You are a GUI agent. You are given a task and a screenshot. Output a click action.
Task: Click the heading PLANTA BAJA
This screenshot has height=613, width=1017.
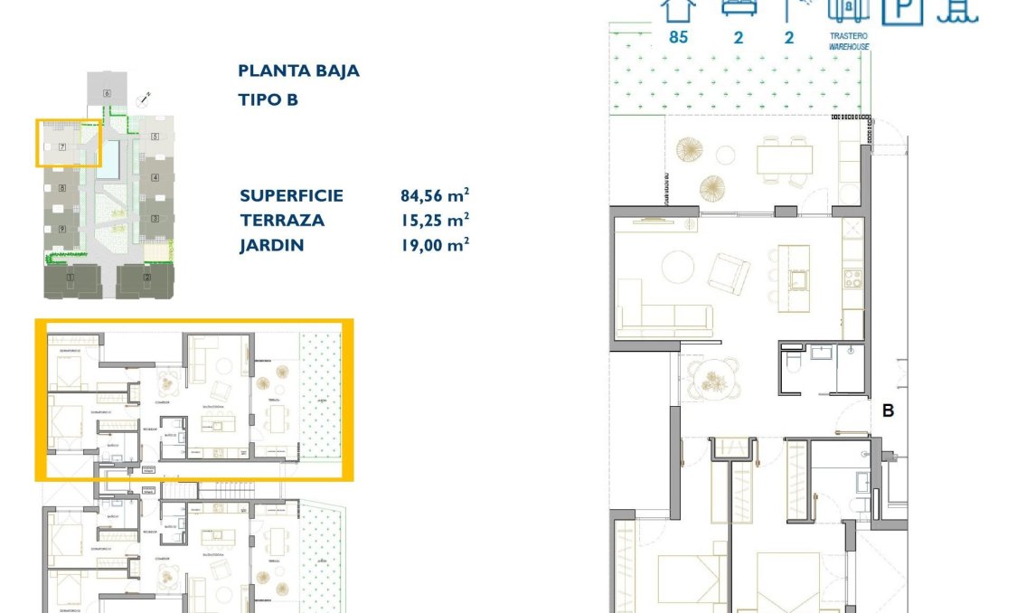pyautogui.click(x=298, y=71)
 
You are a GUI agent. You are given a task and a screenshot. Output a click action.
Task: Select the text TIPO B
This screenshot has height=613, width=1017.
pyautogui.click(x=268, y=99)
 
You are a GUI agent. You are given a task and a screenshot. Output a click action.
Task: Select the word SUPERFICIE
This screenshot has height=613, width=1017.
pyautogui.click(x=291, y=195)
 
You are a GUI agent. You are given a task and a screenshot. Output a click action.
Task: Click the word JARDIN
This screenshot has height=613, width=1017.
pyautogui.click(x=271, y=245)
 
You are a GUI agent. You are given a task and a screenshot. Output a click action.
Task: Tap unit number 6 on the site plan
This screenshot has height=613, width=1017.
pyautogui.click(x=107, y=93)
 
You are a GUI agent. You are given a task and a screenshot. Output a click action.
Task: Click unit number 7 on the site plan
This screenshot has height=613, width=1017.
pyautogui.click(x=61, y=146)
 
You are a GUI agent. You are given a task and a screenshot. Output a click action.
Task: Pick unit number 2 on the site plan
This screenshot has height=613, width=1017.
pyautogui.click(x=147, y=277)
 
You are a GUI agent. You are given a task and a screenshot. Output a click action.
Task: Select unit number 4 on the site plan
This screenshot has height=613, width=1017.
pyautogui.click(x=155, y=177)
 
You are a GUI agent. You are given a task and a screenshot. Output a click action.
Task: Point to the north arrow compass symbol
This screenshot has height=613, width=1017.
pyautogui.click(x=142, y=99)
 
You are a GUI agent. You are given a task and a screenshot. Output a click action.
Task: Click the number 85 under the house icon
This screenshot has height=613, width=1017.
pyautogui.click(x=678, y=37)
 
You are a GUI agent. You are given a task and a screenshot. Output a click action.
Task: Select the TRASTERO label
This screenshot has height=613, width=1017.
pyautogui.click(x=849, y=37)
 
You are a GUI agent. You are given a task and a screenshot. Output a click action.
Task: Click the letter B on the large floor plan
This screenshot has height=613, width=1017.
pyautogui.click(x=888, y=410)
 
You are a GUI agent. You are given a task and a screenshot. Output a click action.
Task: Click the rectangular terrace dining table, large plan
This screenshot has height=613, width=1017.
pyautogui.click(x=785, y=160)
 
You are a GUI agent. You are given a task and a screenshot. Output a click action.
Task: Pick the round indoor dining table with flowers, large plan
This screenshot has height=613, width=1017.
pyautogui.click(x=714, y=379)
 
